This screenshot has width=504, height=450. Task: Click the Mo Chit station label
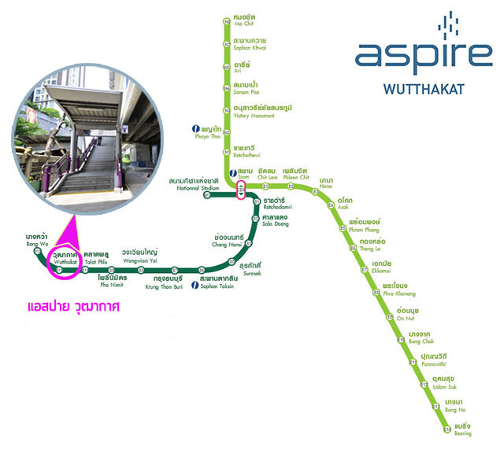[245, 21]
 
